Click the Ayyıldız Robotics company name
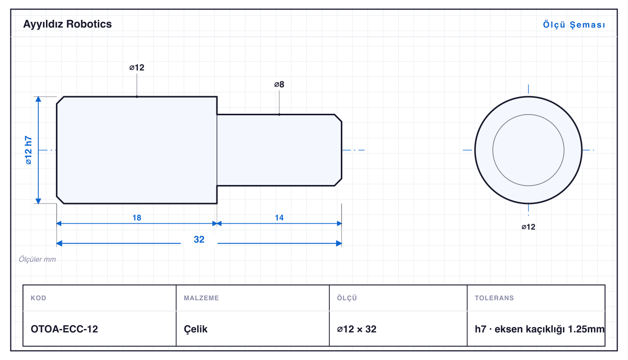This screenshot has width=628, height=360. [67, 25]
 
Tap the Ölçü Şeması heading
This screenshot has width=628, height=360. [574, 25]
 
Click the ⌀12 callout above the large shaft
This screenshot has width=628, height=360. [137, 67]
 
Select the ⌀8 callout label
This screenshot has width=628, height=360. [279, 84]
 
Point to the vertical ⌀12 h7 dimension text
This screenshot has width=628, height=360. [28, 150]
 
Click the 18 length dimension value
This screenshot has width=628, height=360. [137, 218]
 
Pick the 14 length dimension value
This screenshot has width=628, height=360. [279, 218]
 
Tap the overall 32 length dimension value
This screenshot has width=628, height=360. [199, 239]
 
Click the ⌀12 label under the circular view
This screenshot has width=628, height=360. [528, 227]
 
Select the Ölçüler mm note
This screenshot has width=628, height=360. [37, 259]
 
